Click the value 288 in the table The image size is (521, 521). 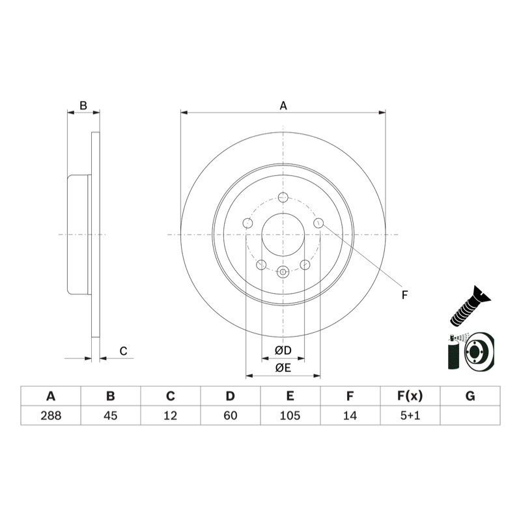tap(51, 415)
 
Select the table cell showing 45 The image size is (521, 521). tap(111, 415)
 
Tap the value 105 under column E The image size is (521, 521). tap(290, 415)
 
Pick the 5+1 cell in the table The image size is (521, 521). tap(410, 415)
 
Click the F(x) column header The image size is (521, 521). tap(410, 396)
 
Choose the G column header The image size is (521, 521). tap(470, 396)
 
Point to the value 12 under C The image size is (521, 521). tap(171, 415)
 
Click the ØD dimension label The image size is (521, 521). tap(283, 350)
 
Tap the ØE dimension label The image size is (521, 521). tap(283, 367)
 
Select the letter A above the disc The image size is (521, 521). tap(283, 106)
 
